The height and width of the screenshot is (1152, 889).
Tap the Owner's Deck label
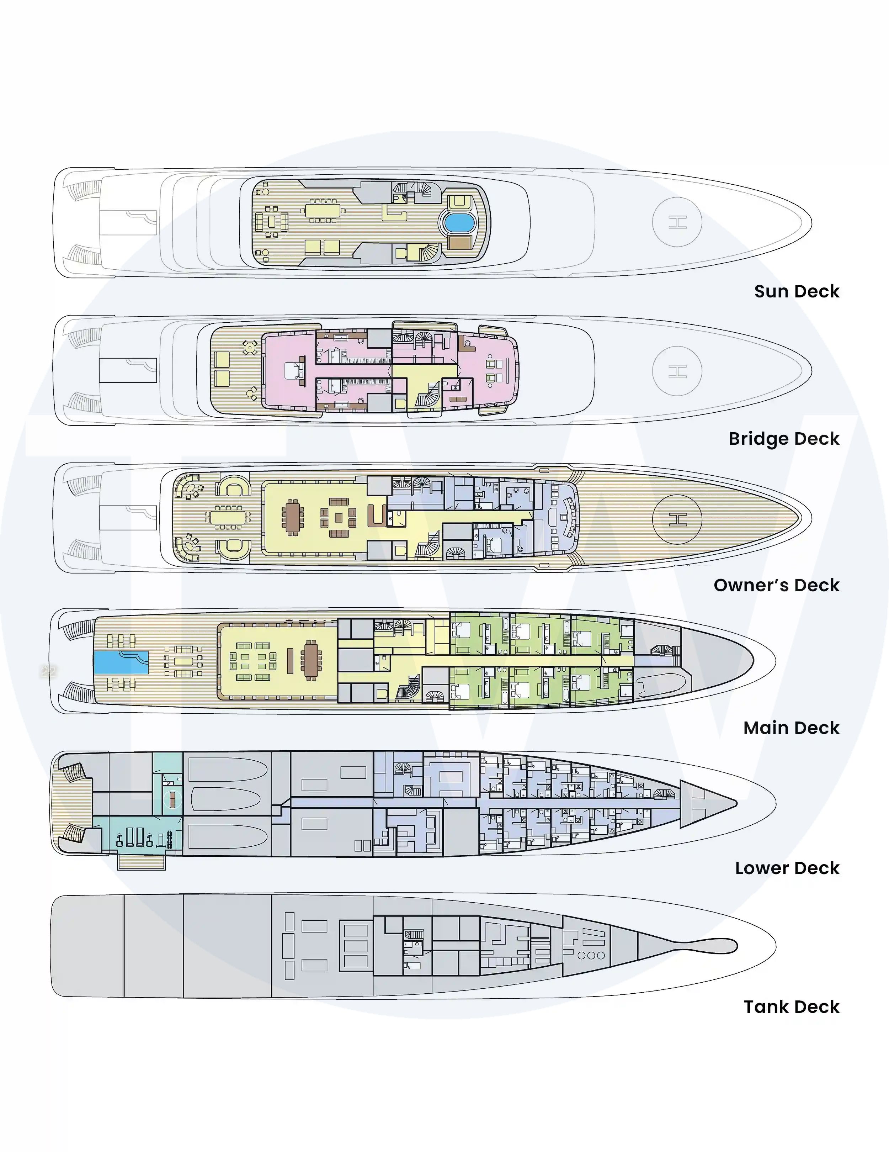click(x=776, y=585)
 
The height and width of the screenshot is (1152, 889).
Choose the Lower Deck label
click(x=787, y=868)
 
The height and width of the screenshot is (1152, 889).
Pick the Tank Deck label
click(x=792, y=1007)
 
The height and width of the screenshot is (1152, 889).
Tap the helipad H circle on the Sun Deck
click(x=677, y=222)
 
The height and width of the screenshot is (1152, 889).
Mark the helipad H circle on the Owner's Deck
click(x=677, y=519)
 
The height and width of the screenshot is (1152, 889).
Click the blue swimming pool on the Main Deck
click(x=121, y=662)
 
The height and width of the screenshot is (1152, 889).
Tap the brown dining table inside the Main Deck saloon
click(x=311, y=660)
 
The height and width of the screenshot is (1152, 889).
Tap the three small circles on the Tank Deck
click(x=591, y=955)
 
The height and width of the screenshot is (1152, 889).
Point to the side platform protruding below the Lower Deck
click(x=141, y=861)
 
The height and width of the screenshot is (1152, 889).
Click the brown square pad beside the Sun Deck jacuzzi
click(x=459, y=242)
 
